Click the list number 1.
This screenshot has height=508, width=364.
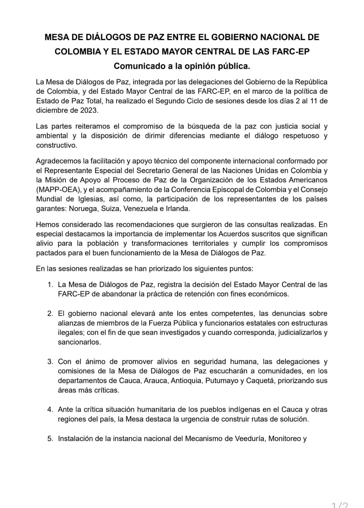pos(50,285)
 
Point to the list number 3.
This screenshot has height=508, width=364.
pos(50,362)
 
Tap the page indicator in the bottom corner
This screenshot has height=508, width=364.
pos(340,504)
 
